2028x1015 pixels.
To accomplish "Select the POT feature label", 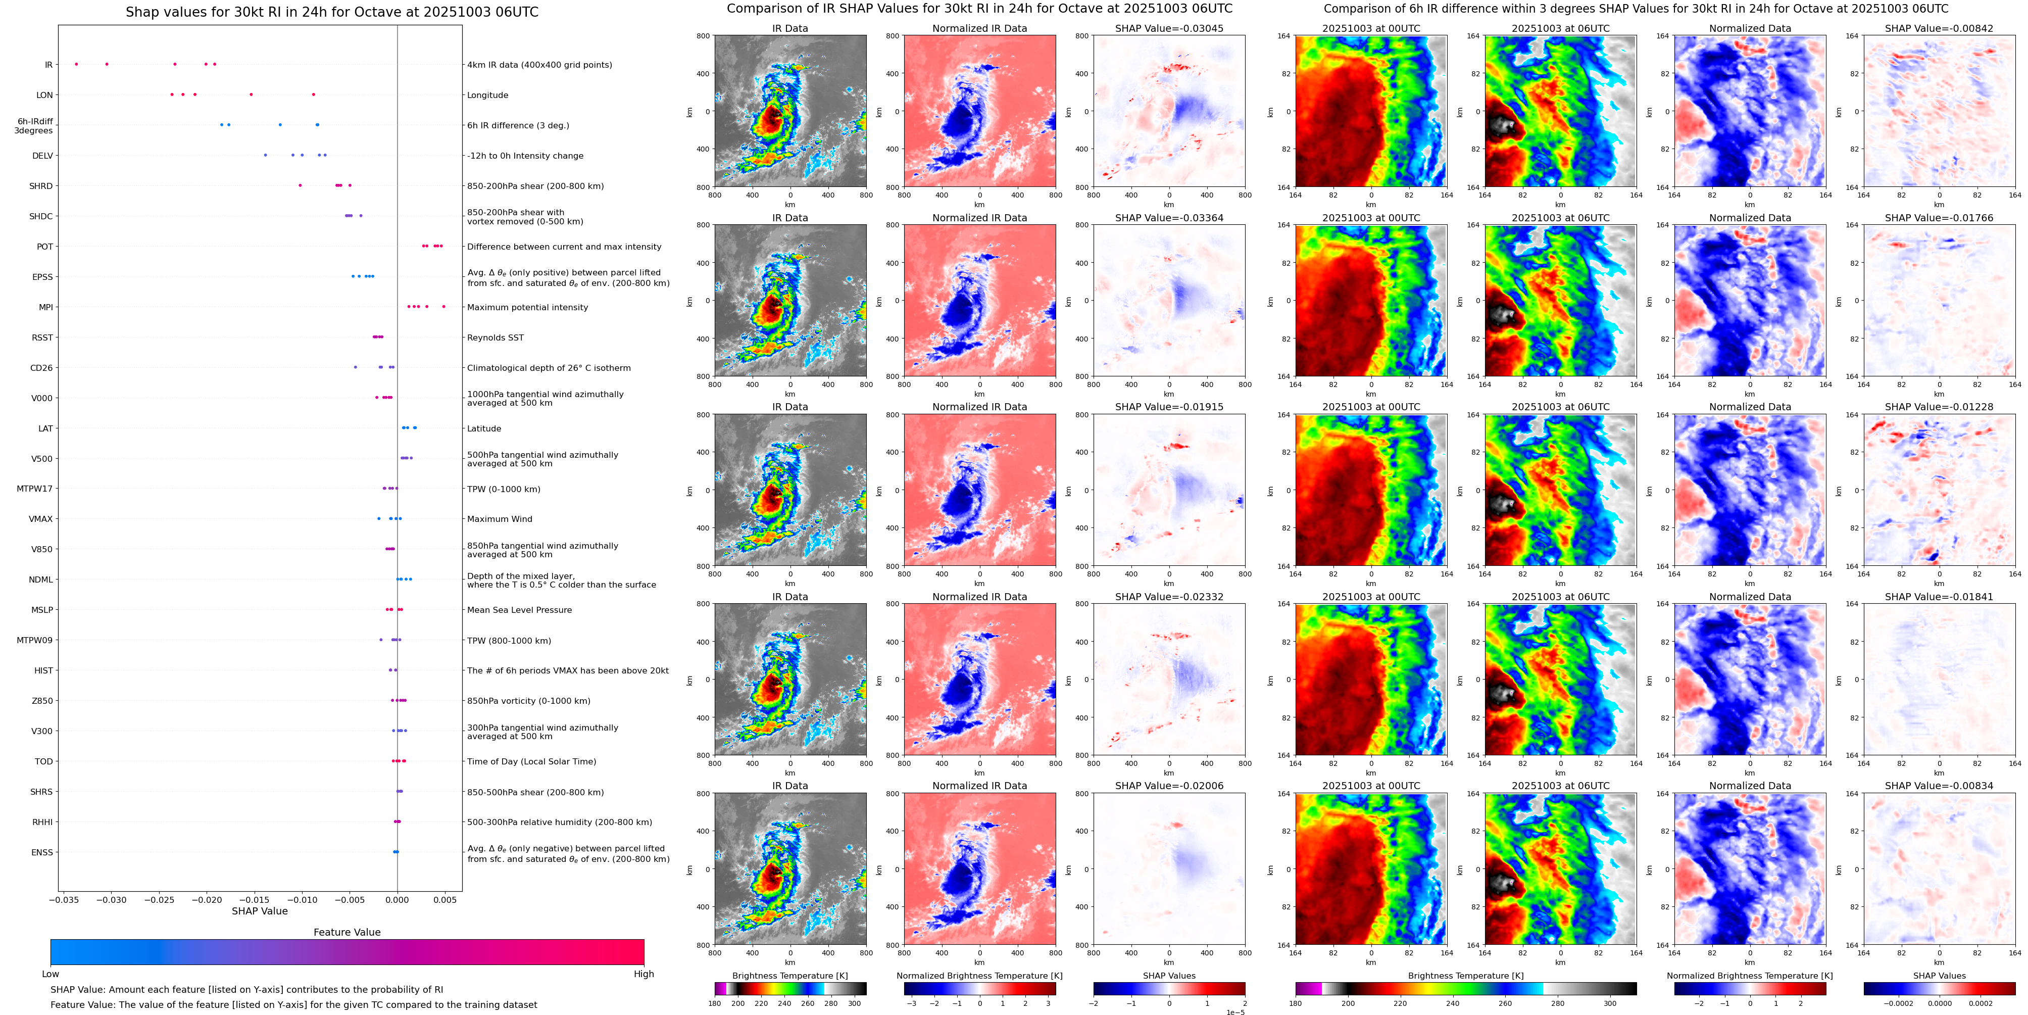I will tap(45, 247).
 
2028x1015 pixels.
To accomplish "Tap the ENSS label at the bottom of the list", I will tap(42, 852).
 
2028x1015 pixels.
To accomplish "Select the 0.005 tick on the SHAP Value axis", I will tap(445, 899).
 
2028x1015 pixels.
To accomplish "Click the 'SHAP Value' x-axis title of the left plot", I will tap(259, 911).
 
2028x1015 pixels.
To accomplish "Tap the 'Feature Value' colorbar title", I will tap(347, 932).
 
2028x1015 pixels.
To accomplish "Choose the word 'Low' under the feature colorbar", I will tap(51, 974).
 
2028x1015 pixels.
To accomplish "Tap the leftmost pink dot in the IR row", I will tap(76, 64).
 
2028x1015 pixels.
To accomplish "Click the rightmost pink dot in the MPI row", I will tap(443, 306).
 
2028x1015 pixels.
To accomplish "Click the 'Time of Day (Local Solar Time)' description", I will tap(531, 761).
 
